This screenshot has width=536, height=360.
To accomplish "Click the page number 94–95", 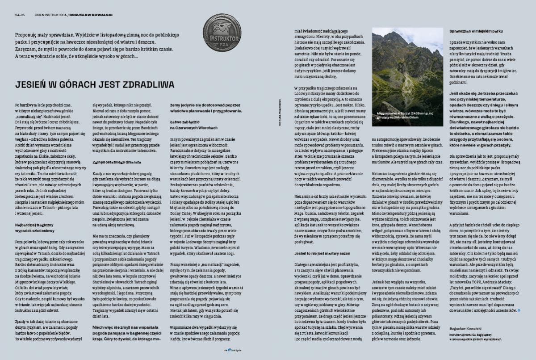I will pos(18,14).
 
